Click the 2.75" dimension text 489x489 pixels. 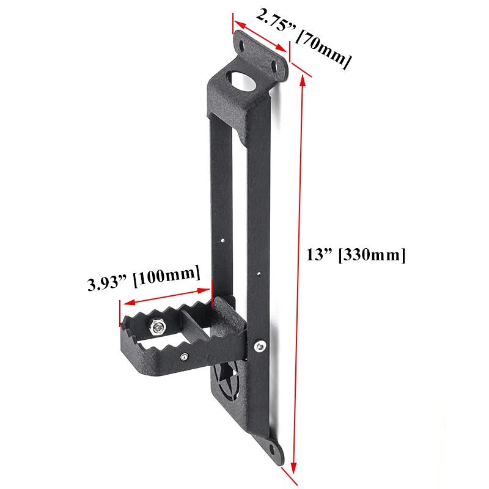point(276,21)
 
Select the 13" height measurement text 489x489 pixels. point(319,254)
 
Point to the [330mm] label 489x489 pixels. point(372,255)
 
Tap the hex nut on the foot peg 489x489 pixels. point(158,326)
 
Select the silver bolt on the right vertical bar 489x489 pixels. point(259,346)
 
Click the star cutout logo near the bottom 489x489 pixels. point(227,378)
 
